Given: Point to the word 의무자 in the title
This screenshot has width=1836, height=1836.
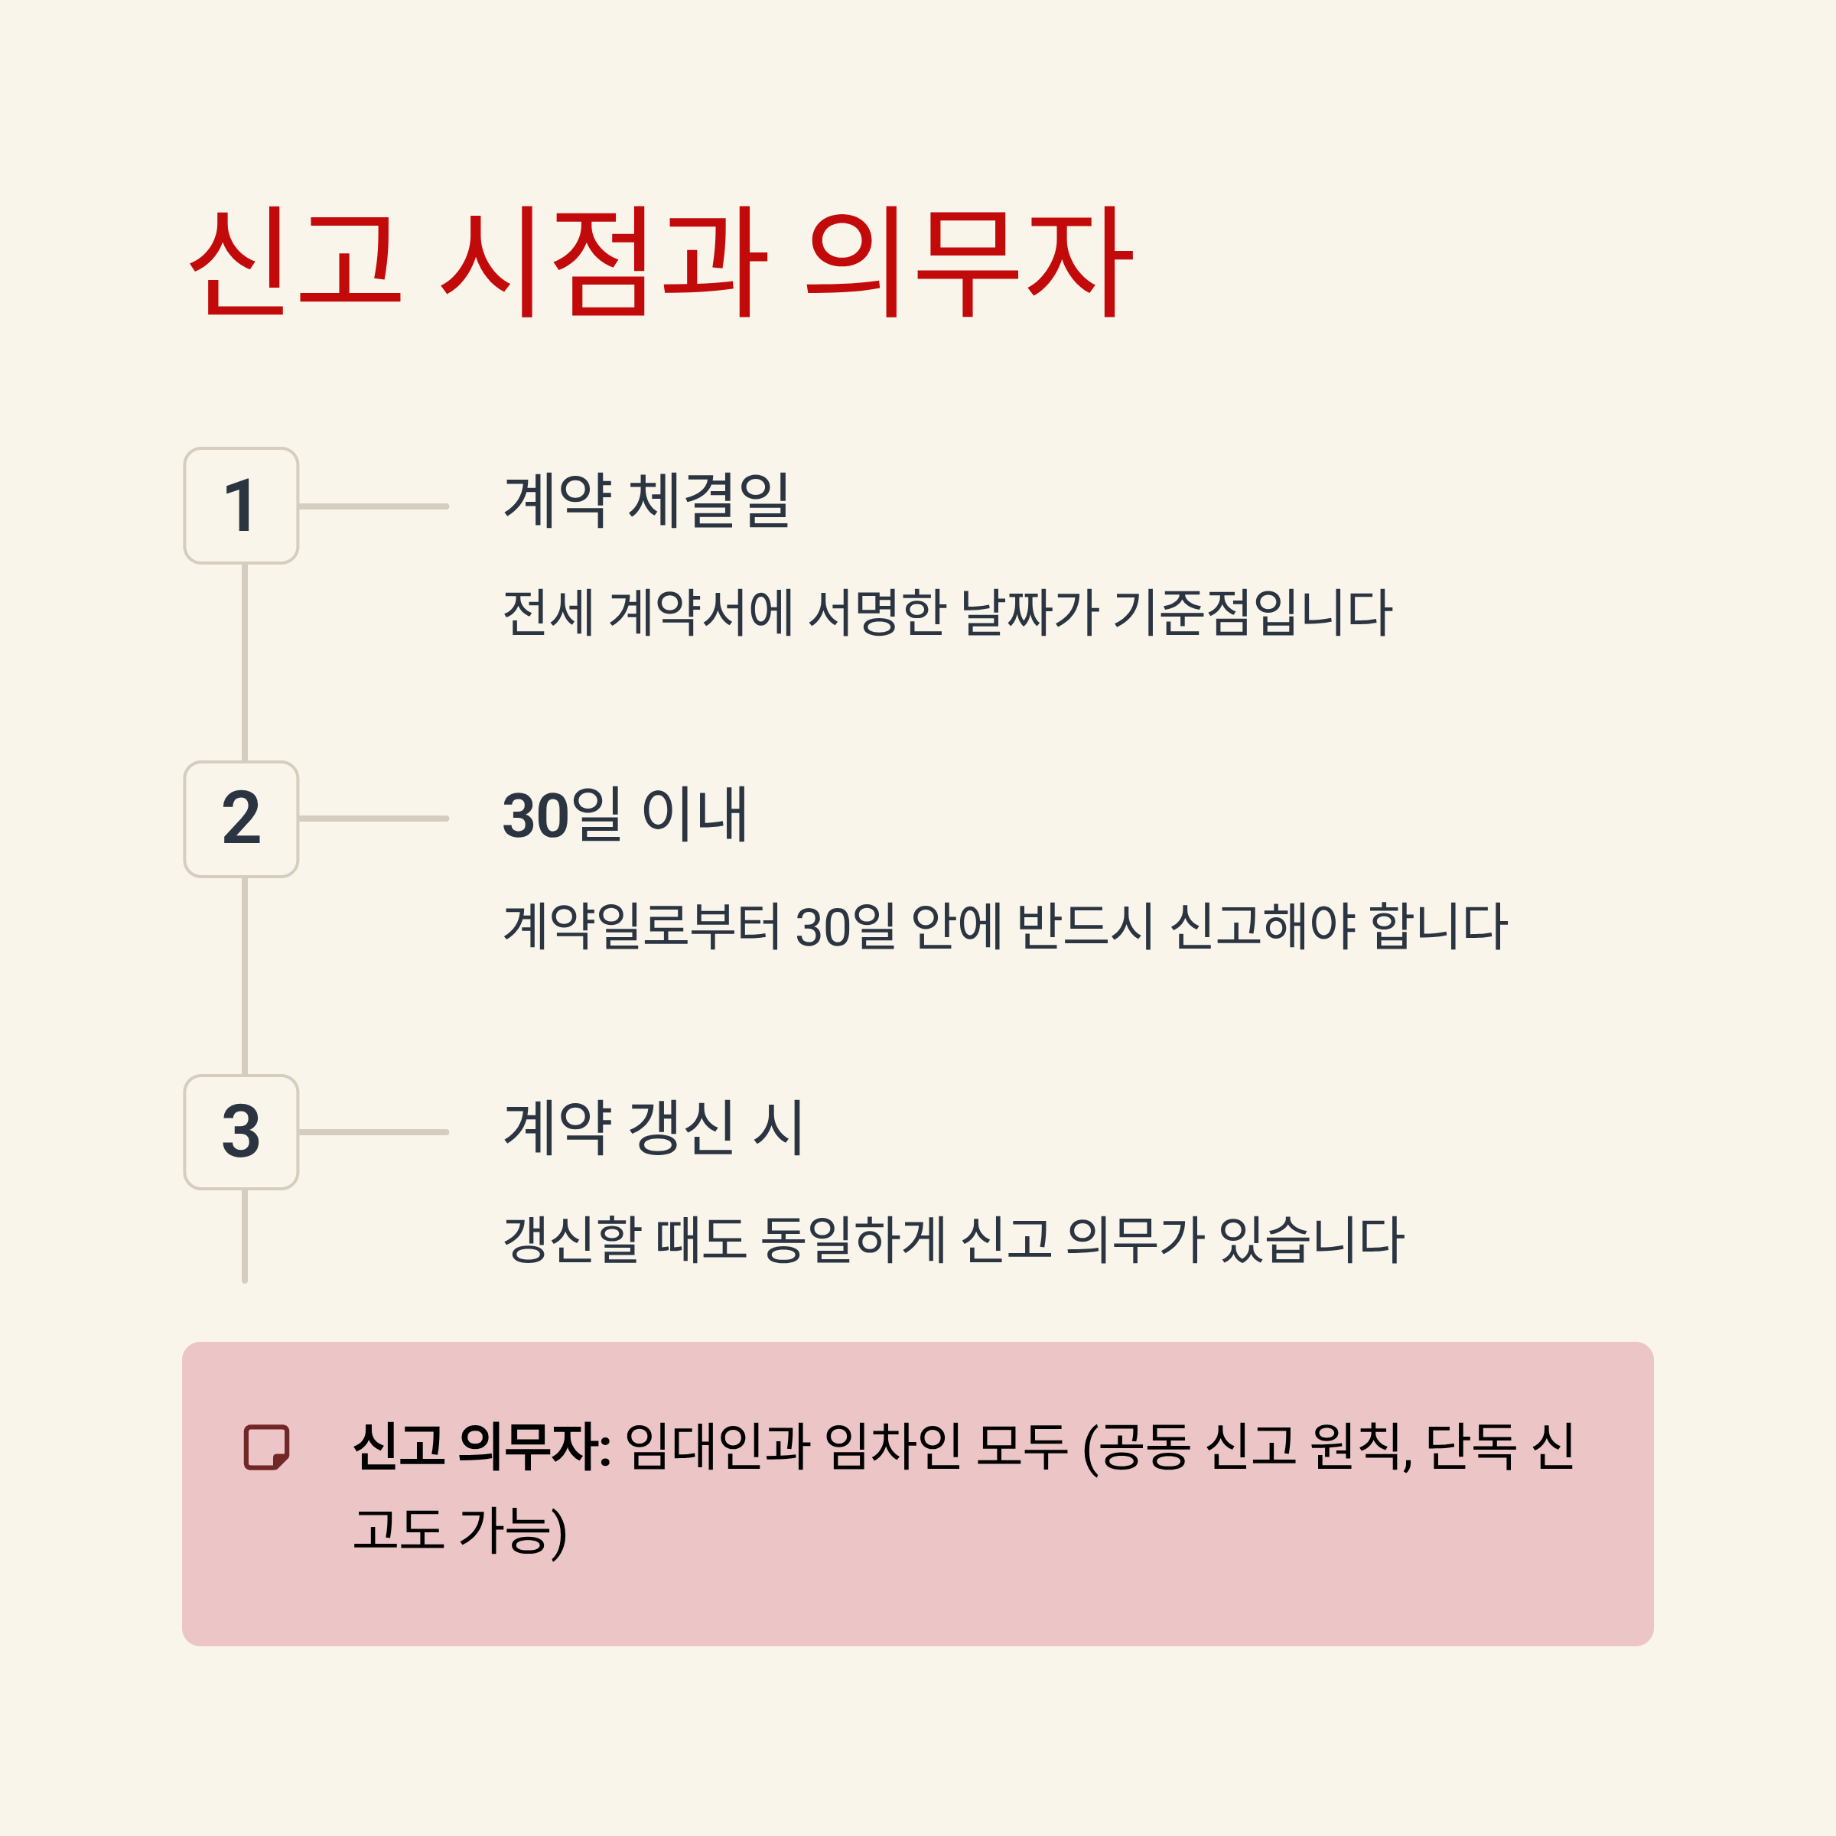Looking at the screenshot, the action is [968, 262].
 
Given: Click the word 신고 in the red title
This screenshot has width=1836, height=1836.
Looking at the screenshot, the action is [295, 262].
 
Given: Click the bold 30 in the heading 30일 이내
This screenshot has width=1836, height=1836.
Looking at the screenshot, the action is [535, 815].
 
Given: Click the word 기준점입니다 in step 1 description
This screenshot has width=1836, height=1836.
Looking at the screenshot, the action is [1252, 613].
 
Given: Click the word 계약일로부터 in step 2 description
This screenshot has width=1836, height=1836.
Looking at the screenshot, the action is [642, 926].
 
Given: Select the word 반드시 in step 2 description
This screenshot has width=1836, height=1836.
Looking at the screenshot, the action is [1084, 926].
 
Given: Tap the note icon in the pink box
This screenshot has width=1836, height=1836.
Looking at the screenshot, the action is [266, 1447].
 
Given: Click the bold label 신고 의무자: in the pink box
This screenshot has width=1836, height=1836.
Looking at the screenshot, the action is [482, 1447].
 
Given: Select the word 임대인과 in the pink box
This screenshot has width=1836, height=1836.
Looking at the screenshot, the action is [718, 1447].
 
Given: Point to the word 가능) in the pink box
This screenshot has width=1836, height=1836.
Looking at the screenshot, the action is [513, 1531].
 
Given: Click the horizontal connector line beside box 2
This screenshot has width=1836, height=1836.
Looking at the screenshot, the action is [373, 819].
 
